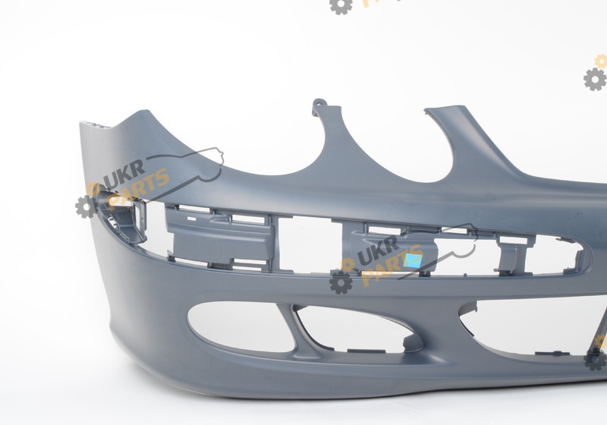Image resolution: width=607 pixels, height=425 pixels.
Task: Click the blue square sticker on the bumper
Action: pyautogui.click(x=413, y=260)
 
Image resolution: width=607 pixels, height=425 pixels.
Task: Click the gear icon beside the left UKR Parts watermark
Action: pyautogui.click(x=86, y=206)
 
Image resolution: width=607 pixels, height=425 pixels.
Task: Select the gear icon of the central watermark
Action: pyautogui.click(x=341, y=282)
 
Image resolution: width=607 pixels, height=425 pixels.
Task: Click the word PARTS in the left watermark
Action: pyautogui.click(x=139, y=190)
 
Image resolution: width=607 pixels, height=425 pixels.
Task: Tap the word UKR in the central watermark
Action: pyautogui.click(x=378, y=250)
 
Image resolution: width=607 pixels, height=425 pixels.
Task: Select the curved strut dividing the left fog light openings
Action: pyautogui.click(x=296, y=329)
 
